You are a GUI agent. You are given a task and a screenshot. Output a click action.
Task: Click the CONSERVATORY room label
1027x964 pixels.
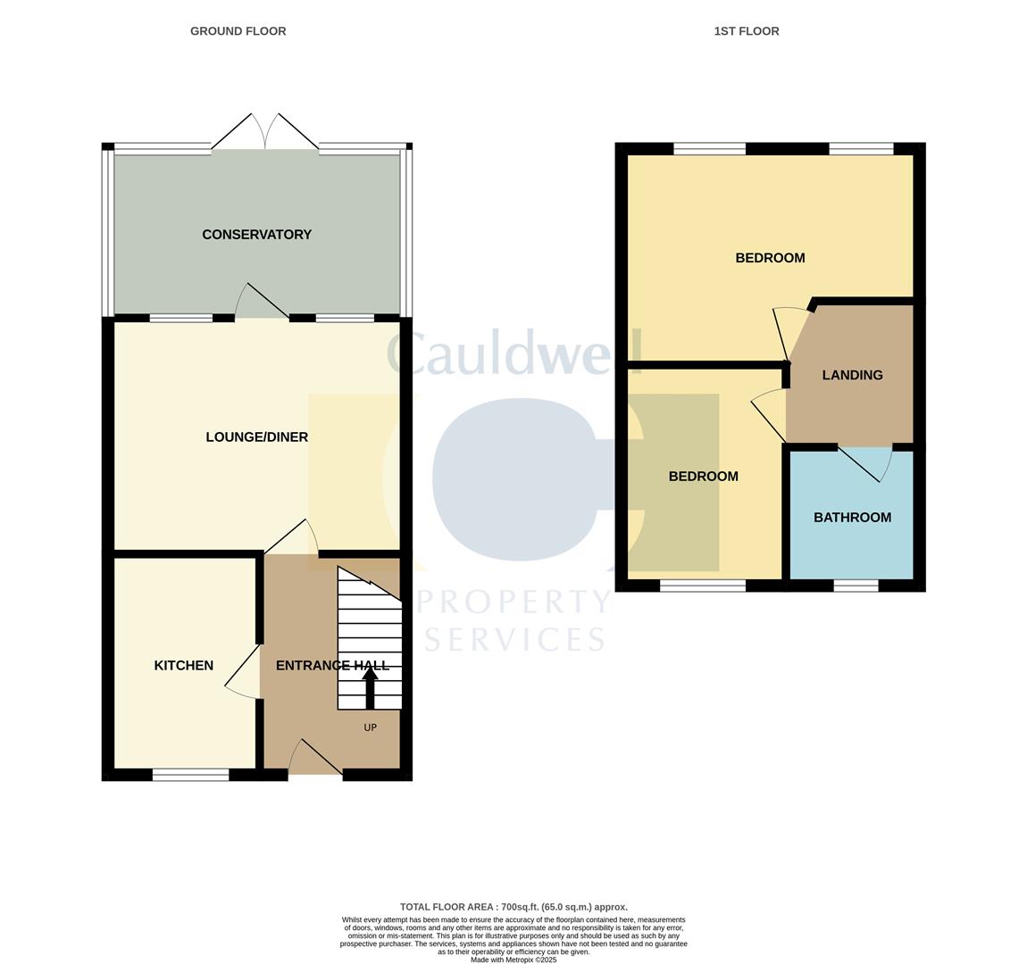click(256, 235)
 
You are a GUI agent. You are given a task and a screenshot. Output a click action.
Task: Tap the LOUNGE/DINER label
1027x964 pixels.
click(256, 437)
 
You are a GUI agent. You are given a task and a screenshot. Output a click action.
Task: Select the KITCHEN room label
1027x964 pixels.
click(184, 665)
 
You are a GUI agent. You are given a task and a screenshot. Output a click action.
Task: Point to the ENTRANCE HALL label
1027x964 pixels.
click(332, 665)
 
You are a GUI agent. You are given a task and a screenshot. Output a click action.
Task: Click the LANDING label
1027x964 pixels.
click(852, 375)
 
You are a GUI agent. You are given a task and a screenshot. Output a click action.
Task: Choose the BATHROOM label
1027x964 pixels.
click(852, 518)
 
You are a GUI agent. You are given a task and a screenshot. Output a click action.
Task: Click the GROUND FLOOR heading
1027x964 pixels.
click(238, 31)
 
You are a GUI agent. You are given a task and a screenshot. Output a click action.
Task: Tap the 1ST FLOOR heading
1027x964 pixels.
click(747, 31)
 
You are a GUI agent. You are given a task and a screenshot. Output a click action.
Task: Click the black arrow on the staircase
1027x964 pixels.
click(370, 687)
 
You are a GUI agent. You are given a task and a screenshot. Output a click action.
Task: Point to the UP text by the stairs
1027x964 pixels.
click(370, 727)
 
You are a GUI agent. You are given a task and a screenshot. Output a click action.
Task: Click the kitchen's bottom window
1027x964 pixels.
click(190, 775)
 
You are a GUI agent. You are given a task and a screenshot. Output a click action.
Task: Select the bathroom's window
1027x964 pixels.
click(856, 586)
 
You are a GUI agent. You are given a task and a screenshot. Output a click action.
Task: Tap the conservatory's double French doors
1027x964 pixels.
click(265, 132)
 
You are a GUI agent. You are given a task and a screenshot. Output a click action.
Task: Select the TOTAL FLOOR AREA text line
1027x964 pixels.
click(513, 907)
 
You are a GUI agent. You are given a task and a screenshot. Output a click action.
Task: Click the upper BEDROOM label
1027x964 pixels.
click(770, 258)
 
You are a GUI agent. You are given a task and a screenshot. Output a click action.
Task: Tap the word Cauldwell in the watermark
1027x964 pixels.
click(514, 353)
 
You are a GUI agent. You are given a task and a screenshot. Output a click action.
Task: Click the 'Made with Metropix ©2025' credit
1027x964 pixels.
click(513, 960)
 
